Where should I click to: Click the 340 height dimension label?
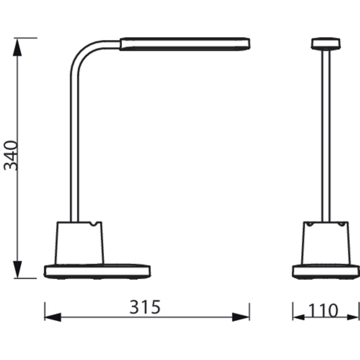(x=11, y=156)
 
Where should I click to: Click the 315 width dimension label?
(x=145, y=308)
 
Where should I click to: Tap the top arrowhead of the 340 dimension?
(x=17, y=47)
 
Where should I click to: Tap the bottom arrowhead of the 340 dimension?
(x=17, y=269)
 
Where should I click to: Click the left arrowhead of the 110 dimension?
(x=298, y=317)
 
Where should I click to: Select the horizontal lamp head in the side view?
(x=185, y=44)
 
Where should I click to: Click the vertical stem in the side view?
(x=74, y=145)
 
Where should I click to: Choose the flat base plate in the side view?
(x=97, y=272)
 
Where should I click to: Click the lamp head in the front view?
(x=326, y=44)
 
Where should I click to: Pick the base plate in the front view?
(x=326, y=272)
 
